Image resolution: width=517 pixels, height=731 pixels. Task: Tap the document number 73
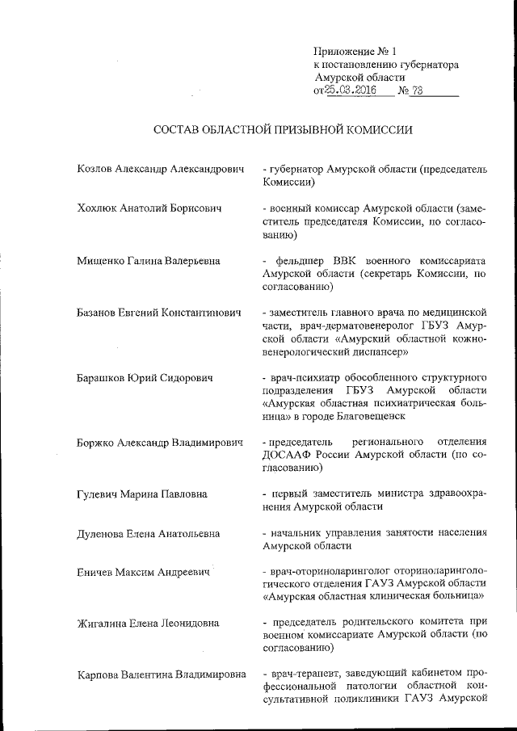coord(418,90)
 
